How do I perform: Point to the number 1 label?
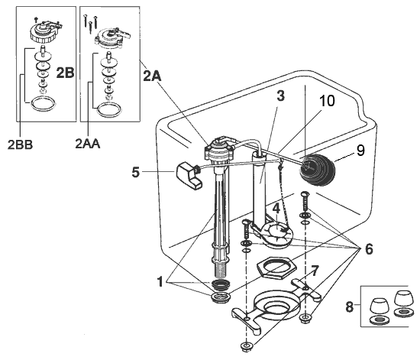160,281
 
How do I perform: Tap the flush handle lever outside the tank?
186,174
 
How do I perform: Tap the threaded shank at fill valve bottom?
221,268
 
